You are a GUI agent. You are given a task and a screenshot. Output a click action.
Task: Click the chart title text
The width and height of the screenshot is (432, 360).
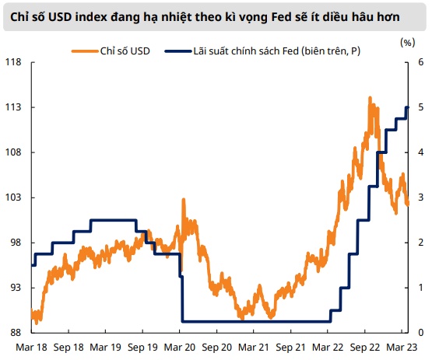coord(205,17)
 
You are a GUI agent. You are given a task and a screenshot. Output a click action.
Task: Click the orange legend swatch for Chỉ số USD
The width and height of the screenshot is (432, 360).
coord(85,51)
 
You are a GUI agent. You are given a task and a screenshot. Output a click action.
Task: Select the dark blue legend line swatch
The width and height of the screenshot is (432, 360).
coord(177,51)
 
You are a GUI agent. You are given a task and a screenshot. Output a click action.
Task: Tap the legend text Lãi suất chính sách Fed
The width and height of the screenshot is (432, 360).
coord(246,51)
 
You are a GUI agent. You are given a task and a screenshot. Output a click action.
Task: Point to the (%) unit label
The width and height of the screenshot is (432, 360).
coord(407,43)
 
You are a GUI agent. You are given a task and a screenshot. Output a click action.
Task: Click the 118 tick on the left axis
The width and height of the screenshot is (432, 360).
coord(13,62)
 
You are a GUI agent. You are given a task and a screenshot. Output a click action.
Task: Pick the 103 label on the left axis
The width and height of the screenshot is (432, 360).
coord(13,197)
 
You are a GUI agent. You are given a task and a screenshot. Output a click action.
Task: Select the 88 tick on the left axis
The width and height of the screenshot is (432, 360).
coord(15,333)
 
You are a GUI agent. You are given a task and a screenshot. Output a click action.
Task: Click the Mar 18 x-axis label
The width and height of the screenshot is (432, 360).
coord(31,348)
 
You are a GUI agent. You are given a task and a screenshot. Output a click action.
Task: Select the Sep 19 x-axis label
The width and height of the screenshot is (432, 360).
coord(142,348)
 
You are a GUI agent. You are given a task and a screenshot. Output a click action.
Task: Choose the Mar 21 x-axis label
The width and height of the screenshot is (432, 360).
coord(254,348)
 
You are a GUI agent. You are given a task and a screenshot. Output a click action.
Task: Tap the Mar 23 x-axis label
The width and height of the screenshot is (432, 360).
coord(402,348)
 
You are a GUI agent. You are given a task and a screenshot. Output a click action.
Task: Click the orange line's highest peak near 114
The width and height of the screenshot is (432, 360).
coord(370,98)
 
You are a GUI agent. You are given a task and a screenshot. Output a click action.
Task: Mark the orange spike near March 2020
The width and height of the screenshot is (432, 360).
coord(183,200)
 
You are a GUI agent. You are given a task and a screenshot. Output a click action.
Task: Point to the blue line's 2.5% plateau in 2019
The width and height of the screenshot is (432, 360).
coord(113,220)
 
